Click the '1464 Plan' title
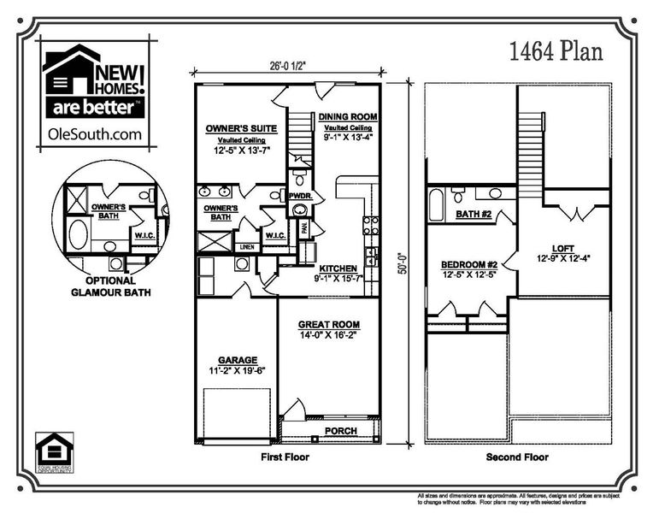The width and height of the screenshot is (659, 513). pos(556,51)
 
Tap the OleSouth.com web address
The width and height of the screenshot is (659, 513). pos(95,133)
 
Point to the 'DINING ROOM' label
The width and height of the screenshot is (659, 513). pos(348,116)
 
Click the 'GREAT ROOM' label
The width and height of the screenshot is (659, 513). pos(328,325)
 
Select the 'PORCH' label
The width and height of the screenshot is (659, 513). pos(341,431)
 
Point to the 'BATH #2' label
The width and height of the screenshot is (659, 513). pos(472,214)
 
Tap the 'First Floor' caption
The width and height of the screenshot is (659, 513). pos(285,457)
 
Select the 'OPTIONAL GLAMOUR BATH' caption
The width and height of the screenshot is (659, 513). pos(109,286)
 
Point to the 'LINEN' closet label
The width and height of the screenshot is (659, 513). pos(246,247)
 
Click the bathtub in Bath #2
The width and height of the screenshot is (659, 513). pos(435,205)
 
